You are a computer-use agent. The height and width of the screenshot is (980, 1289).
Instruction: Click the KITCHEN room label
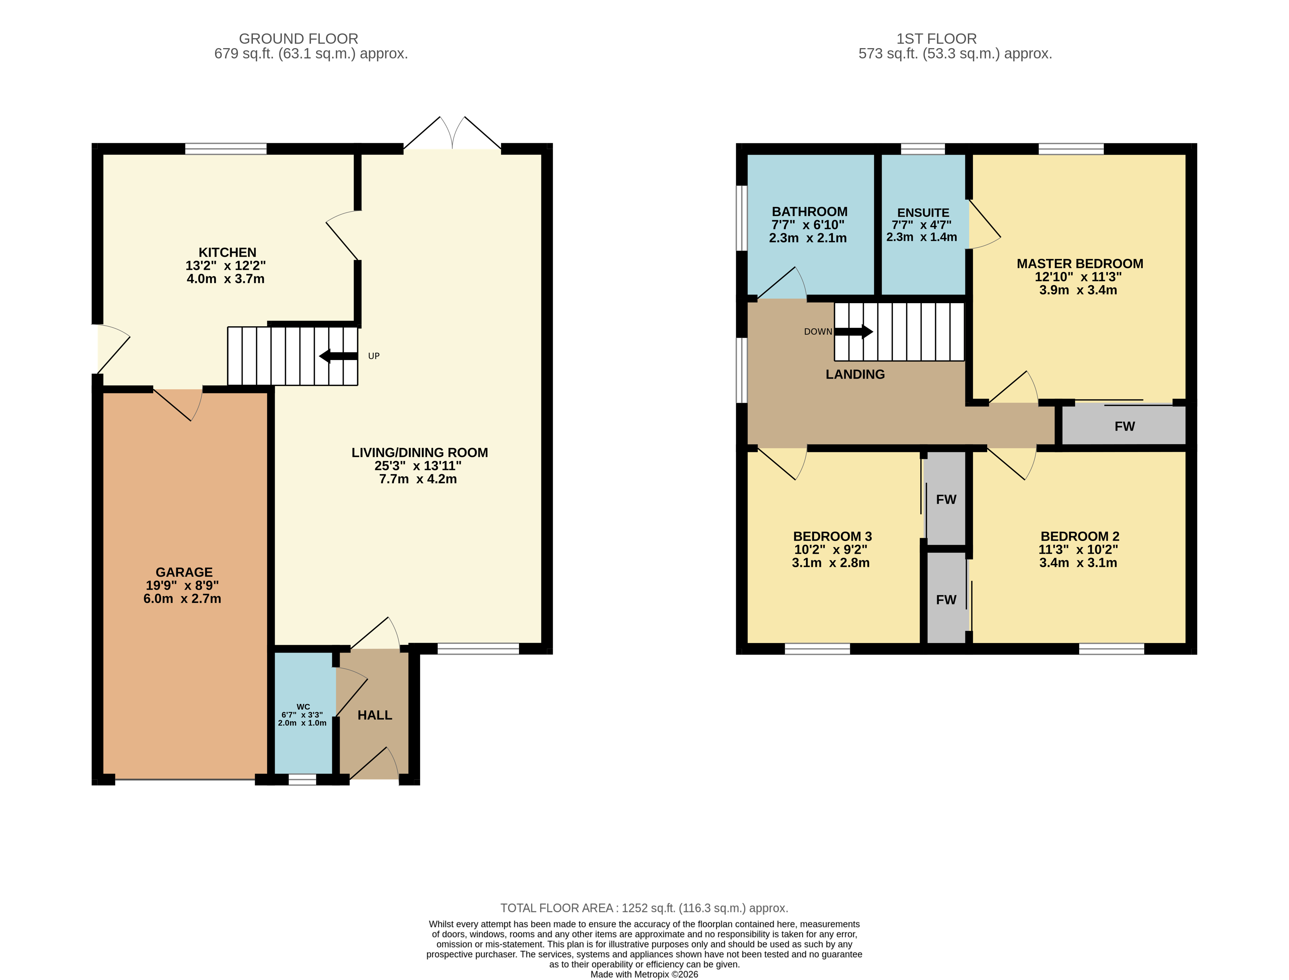pyautogui.click(x=228, y=252)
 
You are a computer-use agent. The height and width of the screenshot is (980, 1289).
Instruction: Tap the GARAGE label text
pyautogui.click(x=184, y=572)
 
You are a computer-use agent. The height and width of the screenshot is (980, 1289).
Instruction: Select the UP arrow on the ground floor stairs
pyautogui.click(x=339, y=356)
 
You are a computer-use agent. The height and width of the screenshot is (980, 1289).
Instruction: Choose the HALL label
pyautogui.click(x=375, y=715)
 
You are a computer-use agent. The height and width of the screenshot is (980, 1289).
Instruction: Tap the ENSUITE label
pyautogui.click(x=923, y=213)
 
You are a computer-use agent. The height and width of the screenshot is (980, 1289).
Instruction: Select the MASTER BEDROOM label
pyautogui.click(x=1079, y=264)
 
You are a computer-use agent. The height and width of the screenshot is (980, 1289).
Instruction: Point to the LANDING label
pyautogui.click(x=855, y=374)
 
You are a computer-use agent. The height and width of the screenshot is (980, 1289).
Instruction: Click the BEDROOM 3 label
pyautogui.click(x=832, y=536)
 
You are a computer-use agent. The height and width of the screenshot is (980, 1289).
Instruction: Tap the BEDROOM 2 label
pyautogui.click(x=1079, y=536)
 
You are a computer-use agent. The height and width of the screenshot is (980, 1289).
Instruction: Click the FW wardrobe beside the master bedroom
pyautogui.click(x=1124, y=426)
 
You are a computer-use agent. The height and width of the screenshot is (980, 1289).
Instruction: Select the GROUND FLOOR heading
pyautogui.click(x=298, y=39)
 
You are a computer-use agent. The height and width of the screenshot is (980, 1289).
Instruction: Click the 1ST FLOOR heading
pyautogui.click(x=936, y=39)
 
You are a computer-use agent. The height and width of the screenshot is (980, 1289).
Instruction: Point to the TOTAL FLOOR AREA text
pyautogui.click(x=644, y=908)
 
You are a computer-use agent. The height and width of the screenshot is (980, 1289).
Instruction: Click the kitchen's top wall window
pyautogui.click(x=226, y=149)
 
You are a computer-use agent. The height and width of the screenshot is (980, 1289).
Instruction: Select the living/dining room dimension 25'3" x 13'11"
pyautogui.click(x=418, y=466)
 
